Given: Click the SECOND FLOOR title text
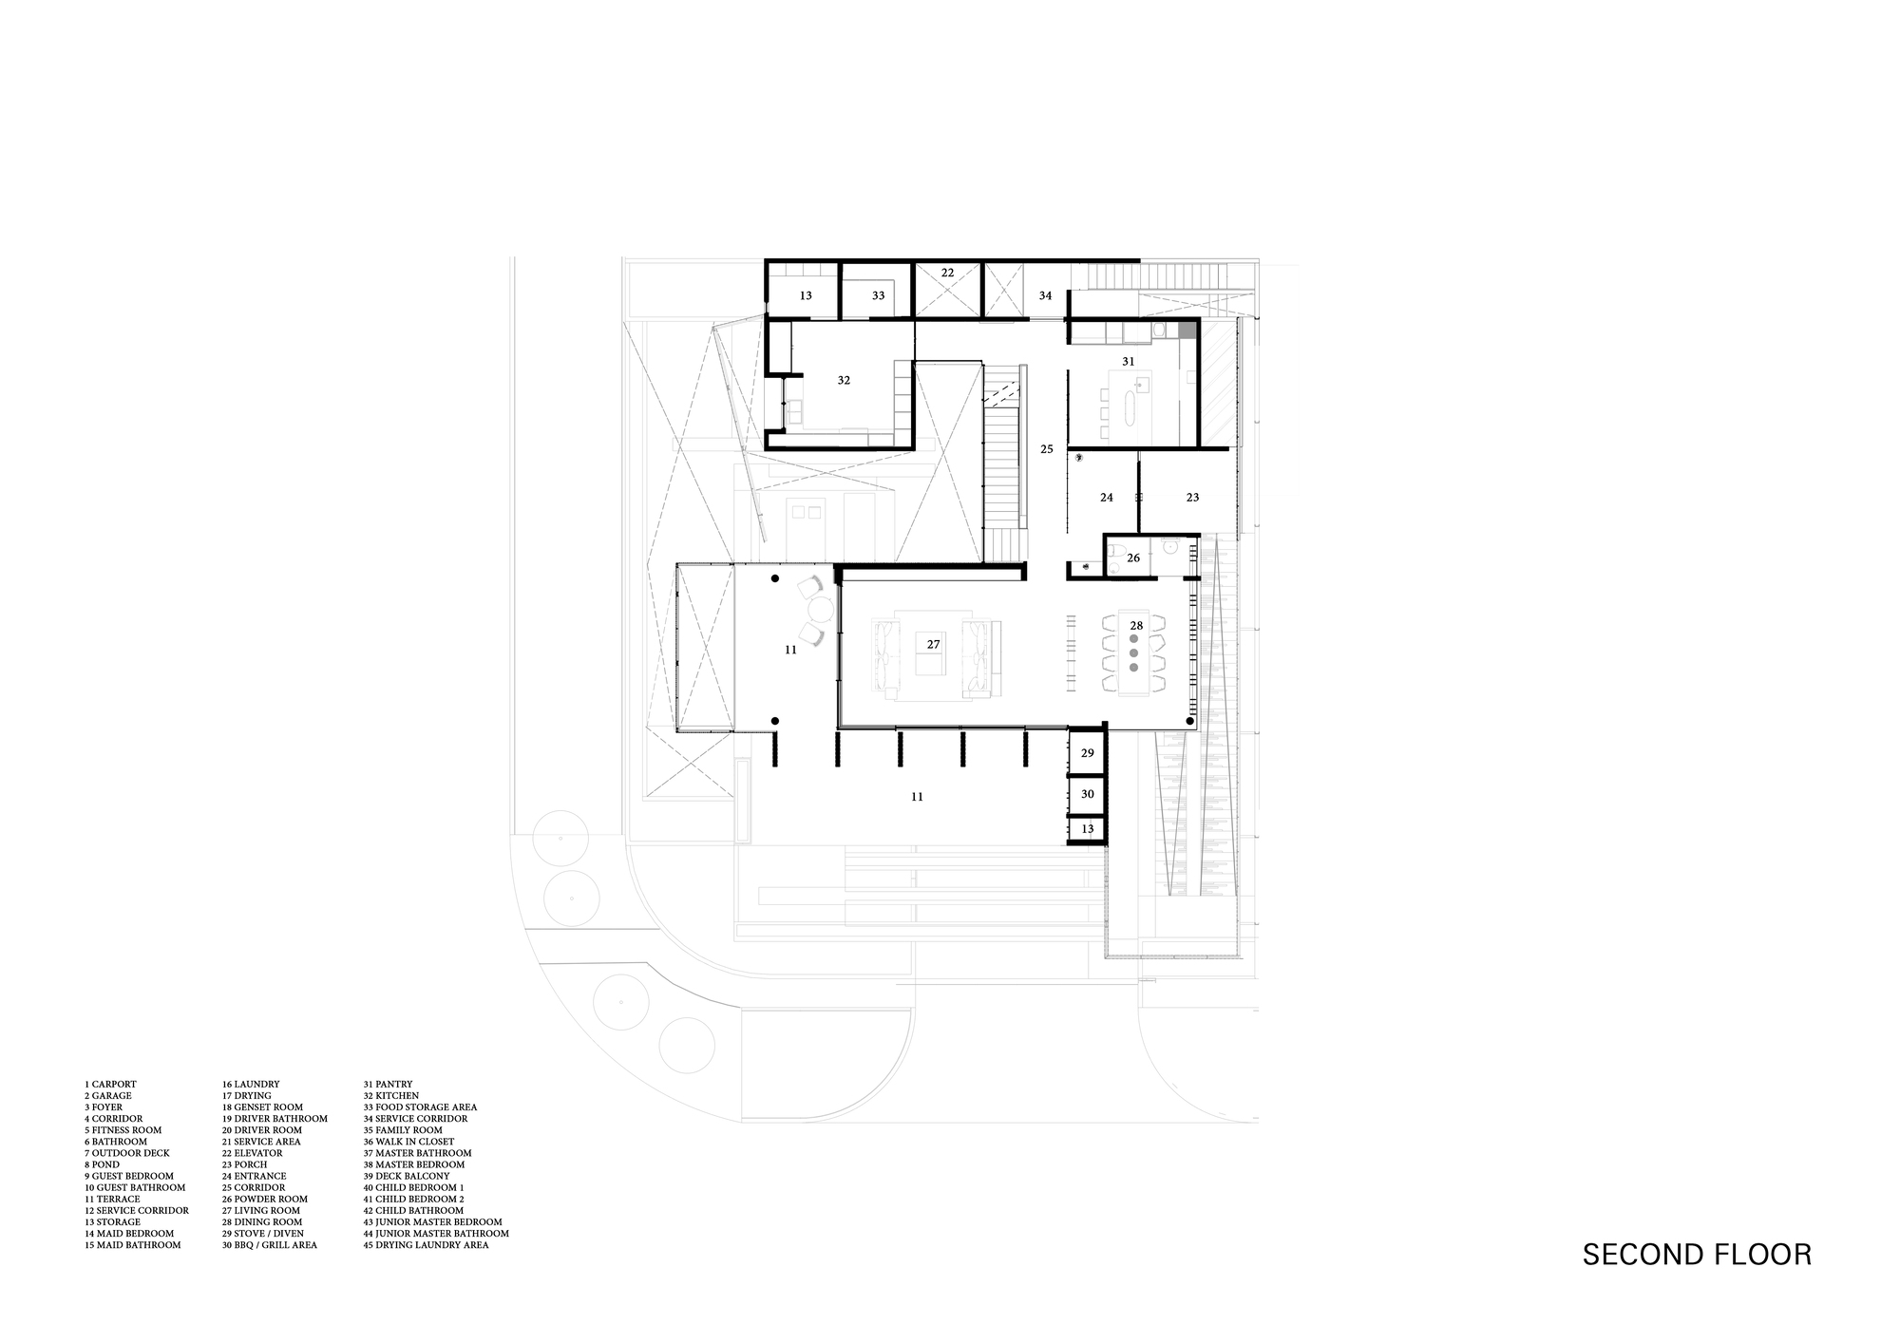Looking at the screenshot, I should [1697, 1255].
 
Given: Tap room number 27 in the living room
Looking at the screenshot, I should [933, 644].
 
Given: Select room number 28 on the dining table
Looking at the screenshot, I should [1136, 625].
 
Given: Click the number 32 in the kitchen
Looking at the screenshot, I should [844, 380].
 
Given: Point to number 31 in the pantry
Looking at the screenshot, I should [1129, 361].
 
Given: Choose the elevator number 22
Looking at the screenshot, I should [947, 273].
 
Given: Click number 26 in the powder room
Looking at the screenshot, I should [1133, 558].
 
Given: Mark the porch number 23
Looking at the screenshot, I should [1192, 497].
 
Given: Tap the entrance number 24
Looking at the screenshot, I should [1106, 497].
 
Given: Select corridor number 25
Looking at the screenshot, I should [1046, 449].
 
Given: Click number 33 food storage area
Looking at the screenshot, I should [878, 295].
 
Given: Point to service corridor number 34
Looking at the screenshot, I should [1045, 295].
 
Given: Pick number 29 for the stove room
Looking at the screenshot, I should [1088, 753].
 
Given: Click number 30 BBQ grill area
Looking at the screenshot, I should [1088, 794].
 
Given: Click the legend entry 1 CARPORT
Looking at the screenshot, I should [110, 1084].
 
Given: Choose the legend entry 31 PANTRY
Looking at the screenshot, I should [388, 1084].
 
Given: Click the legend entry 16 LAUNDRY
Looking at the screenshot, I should [251, 1084].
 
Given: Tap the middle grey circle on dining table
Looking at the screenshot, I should [1133, 653].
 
